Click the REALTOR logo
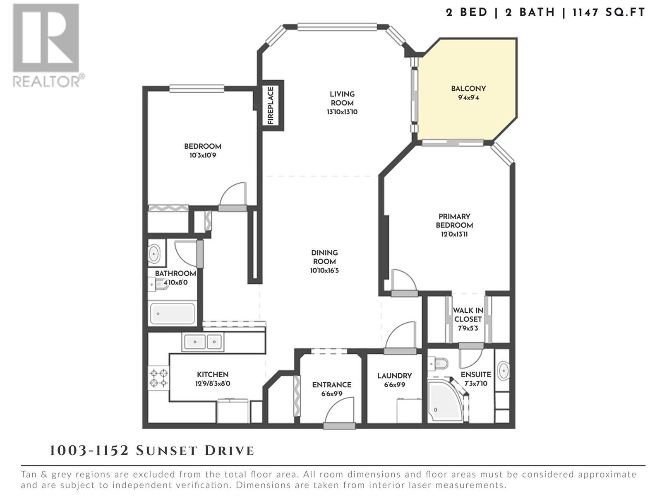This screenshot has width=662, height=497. click(x=48, y=45)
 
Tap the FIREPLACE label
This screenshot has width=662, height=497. click(x=271, y=106)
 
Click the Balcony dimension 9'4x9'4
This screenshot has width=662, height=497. click(x=468, y=98)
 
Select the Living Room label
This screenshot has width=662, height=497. click(x=342, y=99)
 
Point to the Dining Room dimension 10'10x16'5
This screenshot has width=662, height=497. click(x=324, y=270)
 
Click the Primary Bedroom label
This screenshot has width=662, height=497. click(x=454, y=221)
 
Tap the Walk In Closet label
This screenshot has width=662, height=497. click(x=468, y=314)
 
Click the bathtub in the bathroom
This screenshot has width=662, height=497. click(x=172, y=314)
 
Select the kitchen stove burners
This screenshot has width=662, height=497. click(x=158, y=378)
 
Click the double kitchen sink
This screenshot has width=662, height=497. click(x=203, y=342)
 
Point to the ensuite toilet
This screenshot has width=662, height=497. click(x=439, y=363)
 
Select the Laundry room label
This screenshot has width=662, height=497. click(x=394, y=376)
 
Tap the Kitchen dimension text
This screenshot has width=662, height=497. click(x=213, y=384)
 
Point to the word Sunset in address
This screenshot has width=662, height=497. click(x=168, y=451)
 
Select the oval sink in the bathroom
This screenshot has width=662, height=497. click(x=154, y=254)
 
